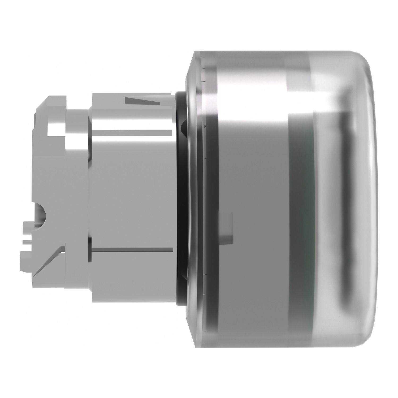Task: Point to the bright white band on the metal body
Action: coord(130,122)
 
